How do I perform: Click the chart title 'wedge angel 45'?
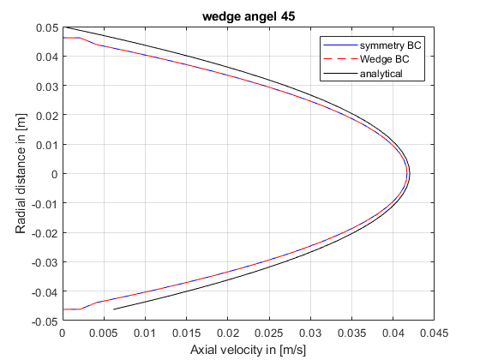click(x=248, y=15)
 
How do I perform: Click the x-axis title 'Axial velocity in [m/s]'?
click(x=248, y=350)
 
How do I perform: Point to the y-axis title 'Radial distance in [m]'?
click(x=20, y=174)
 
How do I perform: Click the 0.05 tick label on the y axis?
click(x=46, y=27)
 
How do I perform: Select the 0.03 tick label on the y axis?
click(x=46, y=86)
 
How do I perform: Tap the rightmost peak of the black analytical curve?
click(x=410, y=174)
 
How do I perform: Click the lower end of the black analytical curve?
click(x=114, y=309)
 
